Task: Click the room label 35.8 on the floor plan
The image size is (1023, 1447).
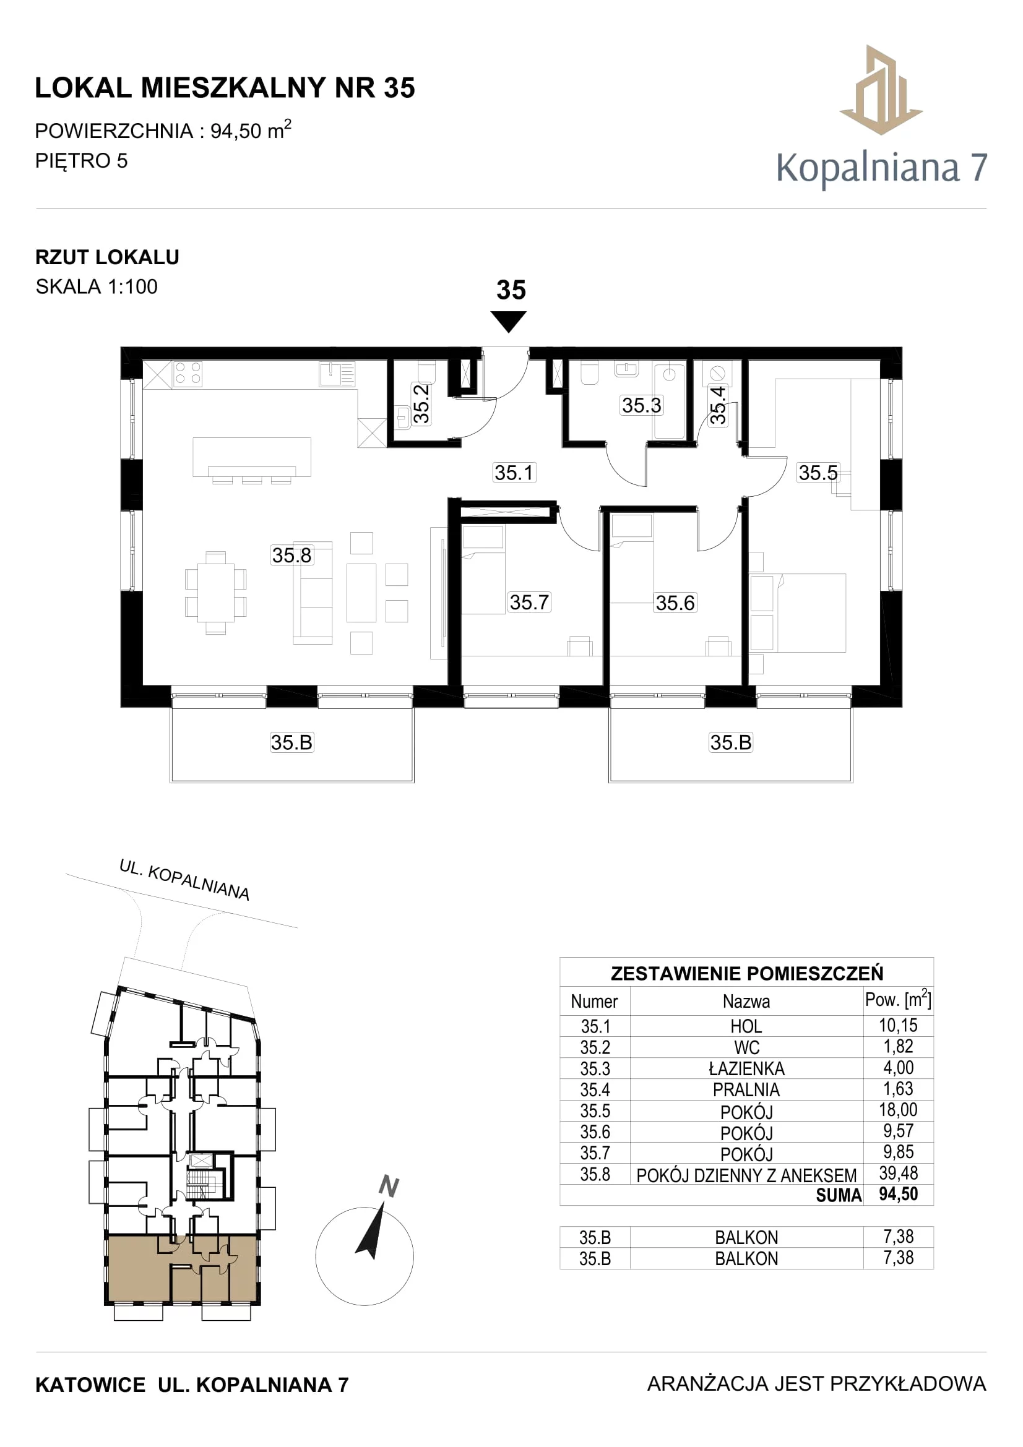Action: click(291, 555)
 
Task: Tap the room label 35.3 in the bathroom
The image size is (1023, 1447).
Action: click(642, 405)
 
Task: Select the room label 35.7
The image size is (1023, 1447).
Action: click(530, 602)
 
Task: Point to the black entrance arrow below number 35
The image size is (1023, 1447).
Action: click(509, 322)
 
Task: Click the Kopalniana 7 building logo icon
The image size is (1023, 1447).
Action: click(881, 90)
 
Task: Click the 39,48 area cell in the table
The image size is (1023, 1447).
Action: click(898, 1173)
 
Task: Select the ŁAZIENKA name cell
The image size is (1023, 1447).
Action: click(746, 1068)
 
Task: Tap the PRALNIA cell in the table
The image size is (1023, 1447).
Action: click(746, 1089)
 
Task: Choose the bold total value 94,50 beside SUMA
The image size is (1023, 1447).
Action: click(898, 1193)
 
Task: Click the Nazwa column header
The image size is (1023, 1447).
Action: click(746, 1002)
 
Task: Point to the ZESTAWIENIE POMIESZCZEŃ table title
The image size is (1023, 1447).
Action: click(747, 974)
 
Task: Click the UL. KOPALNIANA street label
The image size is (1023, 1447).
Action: click(184, 880)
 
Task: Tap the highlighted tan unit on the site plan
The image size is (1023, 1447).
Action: click(182, 1269)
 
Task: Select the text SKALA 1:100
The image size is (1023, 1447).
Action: click(97, 287)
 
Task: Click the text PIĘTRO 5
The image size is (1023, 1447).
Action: click(81, 161)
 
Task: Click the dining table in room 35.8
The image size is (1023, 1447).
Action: click(215, 593)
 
